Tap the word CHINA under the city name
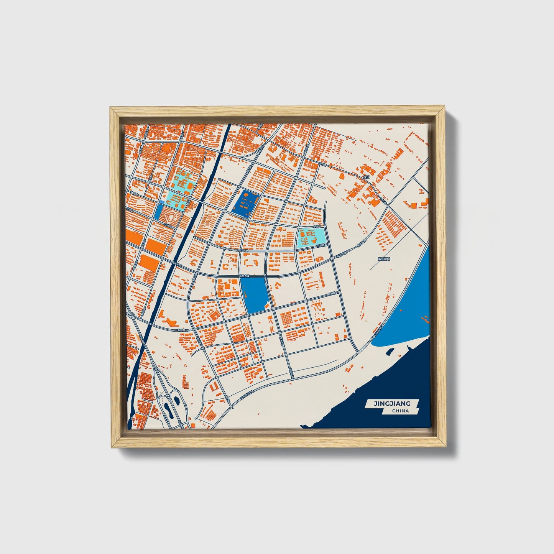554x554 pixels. point(400,411)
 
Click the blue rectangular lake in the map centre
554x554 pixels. point(255,294)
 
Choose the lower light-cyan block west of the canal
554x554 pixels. point(176,201)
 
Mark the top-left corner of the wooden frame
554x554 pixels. point(111,108)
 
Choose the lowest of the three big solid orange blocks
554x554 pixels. point(150,262)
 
